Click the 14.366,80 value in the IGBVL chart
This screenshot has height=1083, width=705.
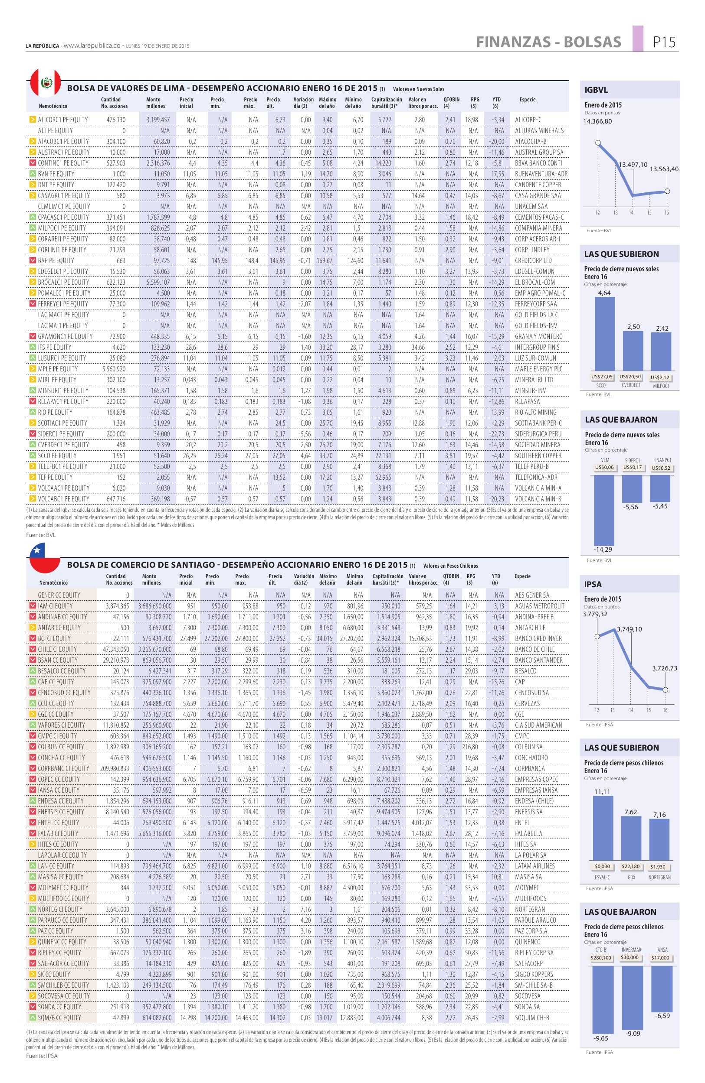597,121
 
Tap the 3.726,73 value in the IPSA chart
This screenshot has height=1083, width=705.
665,668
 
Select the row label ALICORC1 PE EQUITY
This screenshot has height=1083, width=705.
63,120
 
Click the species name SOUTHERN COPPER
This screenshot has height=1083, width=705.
538,455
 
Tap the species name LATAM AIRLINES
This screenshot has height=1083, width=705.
534,866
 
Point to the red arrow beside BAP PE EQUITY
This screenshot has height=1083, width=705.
33,260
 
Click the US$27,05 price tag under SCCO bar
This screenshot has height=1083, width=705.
604,377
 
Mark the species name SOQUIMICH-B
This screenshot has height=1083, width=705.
532,1018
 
